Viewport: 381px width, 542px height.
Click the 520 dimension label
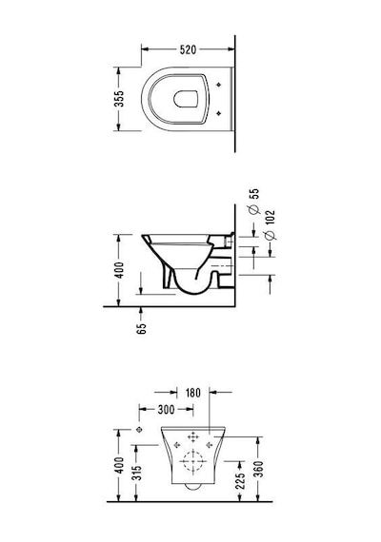[188, 49]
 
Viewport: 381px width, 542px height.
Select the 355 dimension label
[119, 99]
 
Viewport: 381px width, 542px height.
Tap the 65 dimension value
[141, 329]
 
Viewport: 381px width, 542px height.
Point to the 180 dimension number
[192, 393]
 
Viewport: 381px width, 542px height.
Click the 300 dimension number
[166, 410]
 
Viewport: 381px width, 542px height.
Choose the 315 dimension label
[138, 473]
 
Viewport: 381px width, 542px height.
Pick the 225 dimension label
[240, 479]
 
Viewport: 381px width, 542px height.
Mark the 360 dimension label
[259, 469]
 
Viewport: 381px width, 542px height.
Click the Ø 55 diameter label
[254, 201]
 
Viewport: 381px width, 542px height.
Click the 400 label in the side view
[119, 270]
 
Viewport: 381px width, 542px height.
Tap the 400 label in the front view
[119, 465]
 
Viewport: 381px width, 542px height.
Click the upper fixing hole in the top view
[218, 85]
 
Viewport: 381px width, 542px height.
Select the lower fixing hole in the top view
[218, 113]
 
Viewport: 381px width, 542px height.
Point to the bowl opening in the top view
[186, 99]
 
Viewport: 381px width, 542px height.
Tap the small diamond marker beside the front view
[140, 429]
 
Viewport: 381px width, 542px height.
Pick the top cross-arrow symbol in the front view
[192, 437]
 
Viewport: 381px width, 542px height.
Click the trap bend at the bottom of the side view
[192, 293]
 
